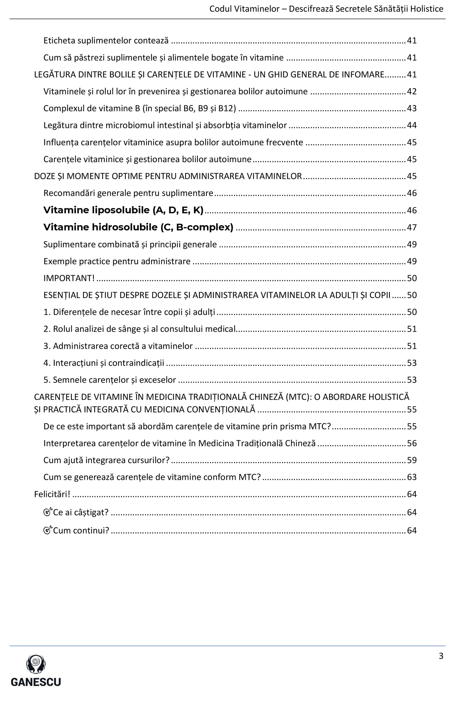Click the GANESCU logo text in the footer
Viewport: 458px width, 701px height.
pyautogui.click(x=36, y=681)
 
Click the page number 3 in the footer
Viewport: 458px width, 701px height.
pyautogui.click(x=441, y=656)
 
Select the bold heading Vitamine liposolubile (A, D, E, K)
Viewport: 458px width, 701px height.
pyautogui.click(x=123, y=210)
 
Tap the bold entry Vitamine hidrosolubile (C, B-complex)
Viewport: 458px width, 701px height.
pyautogui.click(x=138, y=227)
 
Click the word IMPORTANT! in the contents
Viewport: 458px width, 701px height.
pyautogui.click(x=69, y=278)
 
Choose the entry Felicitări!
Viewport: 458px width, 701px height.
pyautogui.click(x=52, y=494)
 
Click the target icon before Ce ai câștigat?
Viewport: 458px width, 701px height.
pyautogui.click(x=48, y=512)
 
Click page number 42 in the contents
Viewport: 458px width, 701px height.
pyautogui.click(x=411, y=92)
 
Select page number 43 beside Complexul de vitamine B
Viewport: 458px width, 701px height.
pyautogui.click(x=411, y=108)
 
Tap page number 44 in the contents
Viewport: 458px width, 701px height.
pyautogui.click(x=411, y=125)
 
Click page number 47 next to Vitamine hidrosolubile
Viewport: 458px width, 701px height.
pyautogui.click(x=411, y=227)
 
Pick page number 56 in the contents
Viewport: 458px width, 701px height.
pyautogui.click(x=411, y=443)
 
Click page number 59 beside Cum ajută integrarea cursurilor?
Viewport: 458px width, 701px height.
pyautogui.click(x=411, y=460)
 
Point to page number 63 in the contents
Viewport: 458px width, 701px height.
pyautogui.click(x=411, y=477)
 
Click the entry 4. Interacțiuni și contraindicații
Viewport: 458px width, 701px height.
pyautogui.click(x=104, y=363)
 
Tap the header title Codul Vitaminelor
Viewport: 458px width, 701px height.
pyautogui.click(x=244, y=9)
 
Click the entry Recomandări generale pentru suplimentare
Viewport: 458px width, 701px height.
pyautogui.click(x=128, y=193)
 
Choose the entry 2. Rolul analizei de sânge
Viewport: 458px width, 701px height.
pyautogui.click(x=139, y=329)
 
